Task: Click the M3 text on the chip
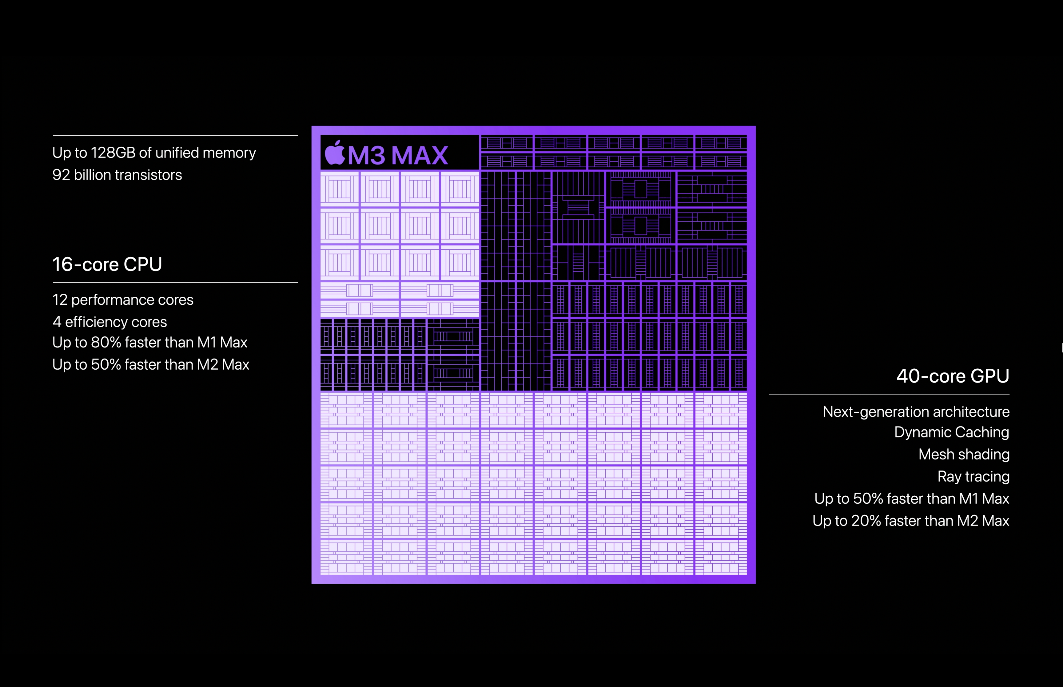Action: tap(366, 156)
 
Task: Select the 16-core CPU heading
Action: tap(107, 264)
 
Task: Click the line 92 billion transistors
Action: tap(117, 175)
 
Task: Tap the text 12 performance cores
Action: tap(123, 300)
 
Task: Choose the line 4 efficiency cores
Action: tap(110, 322)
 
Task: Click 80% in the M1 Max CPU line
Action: tap(106, 342)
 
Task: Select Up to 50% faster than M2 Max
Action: tap(151, 364)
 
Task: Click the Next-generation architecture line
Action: tap(916, 412)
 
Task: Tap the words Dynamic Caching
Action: tap(952, 432)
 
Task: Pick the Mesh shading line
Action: tap(964, 454)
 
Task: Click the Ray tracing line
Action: tap(973, 476)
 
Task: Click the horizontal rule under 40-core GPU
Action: tap(889, 394)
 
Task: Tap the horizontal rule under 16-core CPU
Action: tap(175, 282)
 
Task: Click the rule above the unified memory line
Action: tap(175, 135)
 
